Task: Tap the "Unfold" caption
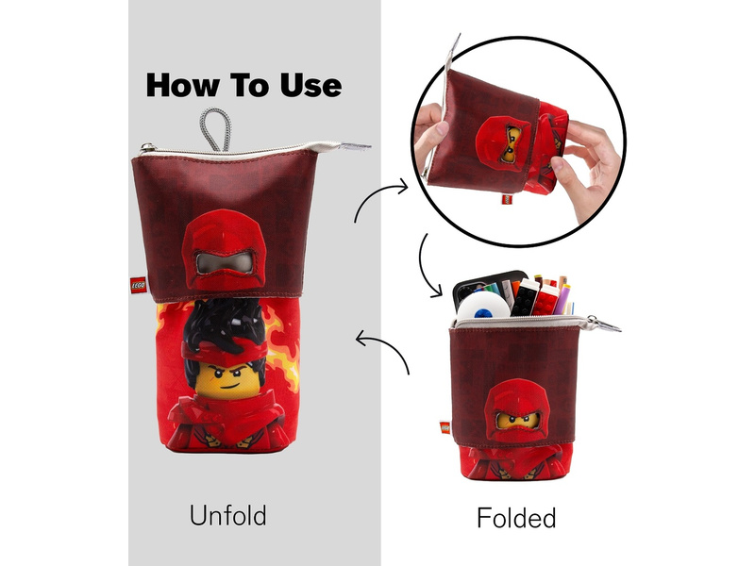coord(227,515)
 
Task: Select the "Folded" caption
coord(516,518)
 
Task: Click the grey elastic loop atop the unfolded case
coord(215,129)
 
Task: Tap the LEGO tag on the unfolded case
coord(138,286)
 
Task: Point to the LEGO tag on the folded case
coord(445,427)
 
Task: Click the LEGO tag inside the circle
coord(507,199)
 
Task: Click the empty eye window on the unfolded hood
coord(225,264)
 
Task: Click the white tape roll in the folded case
coord(483,306)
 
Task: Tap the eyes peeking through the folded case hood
coord(517,419)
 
